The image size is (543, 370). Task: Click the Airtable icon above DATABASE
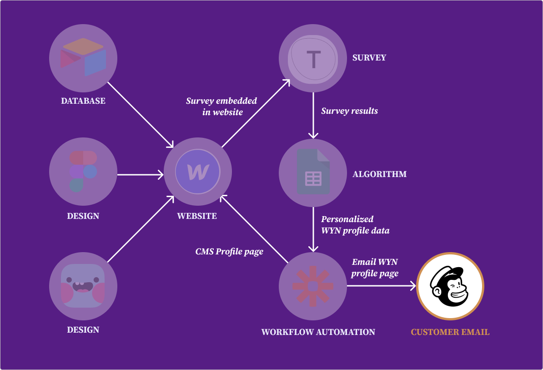coord(83,57)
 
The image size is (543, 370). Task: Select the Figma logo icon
coord(83,171)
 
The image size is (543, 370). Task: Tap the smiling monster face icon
coord(83,285)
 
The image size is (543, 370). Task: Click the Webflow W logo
coord(198,172)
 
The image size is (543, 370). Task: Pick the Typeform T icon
coord(313,58)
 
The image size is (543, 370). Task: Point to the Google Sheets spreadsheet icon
coord(313,172)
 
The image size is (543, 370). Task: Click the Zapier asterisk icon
coord(313,286)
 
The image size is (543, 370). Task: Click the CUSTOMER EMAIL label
coord(450,332)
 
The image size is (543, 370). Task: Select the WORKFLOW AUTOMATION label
coord(318,332)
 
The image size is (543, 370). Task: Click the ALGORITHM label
coord(380,174)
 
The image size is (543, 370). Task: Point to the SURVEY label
coord(369,58)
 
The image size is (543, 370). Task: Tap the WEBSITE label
coord(197,216)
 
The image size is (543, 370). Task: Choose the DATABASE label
coord(83,101)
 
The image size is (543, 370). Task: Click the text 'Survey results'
coord(349,111)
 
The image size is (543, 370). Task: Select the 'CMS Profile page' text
coord(229,252)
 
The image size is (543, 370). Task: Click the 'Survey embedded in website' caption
coord(221,106)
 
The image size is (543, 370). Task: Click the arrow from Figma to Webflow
coord(140,174)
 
